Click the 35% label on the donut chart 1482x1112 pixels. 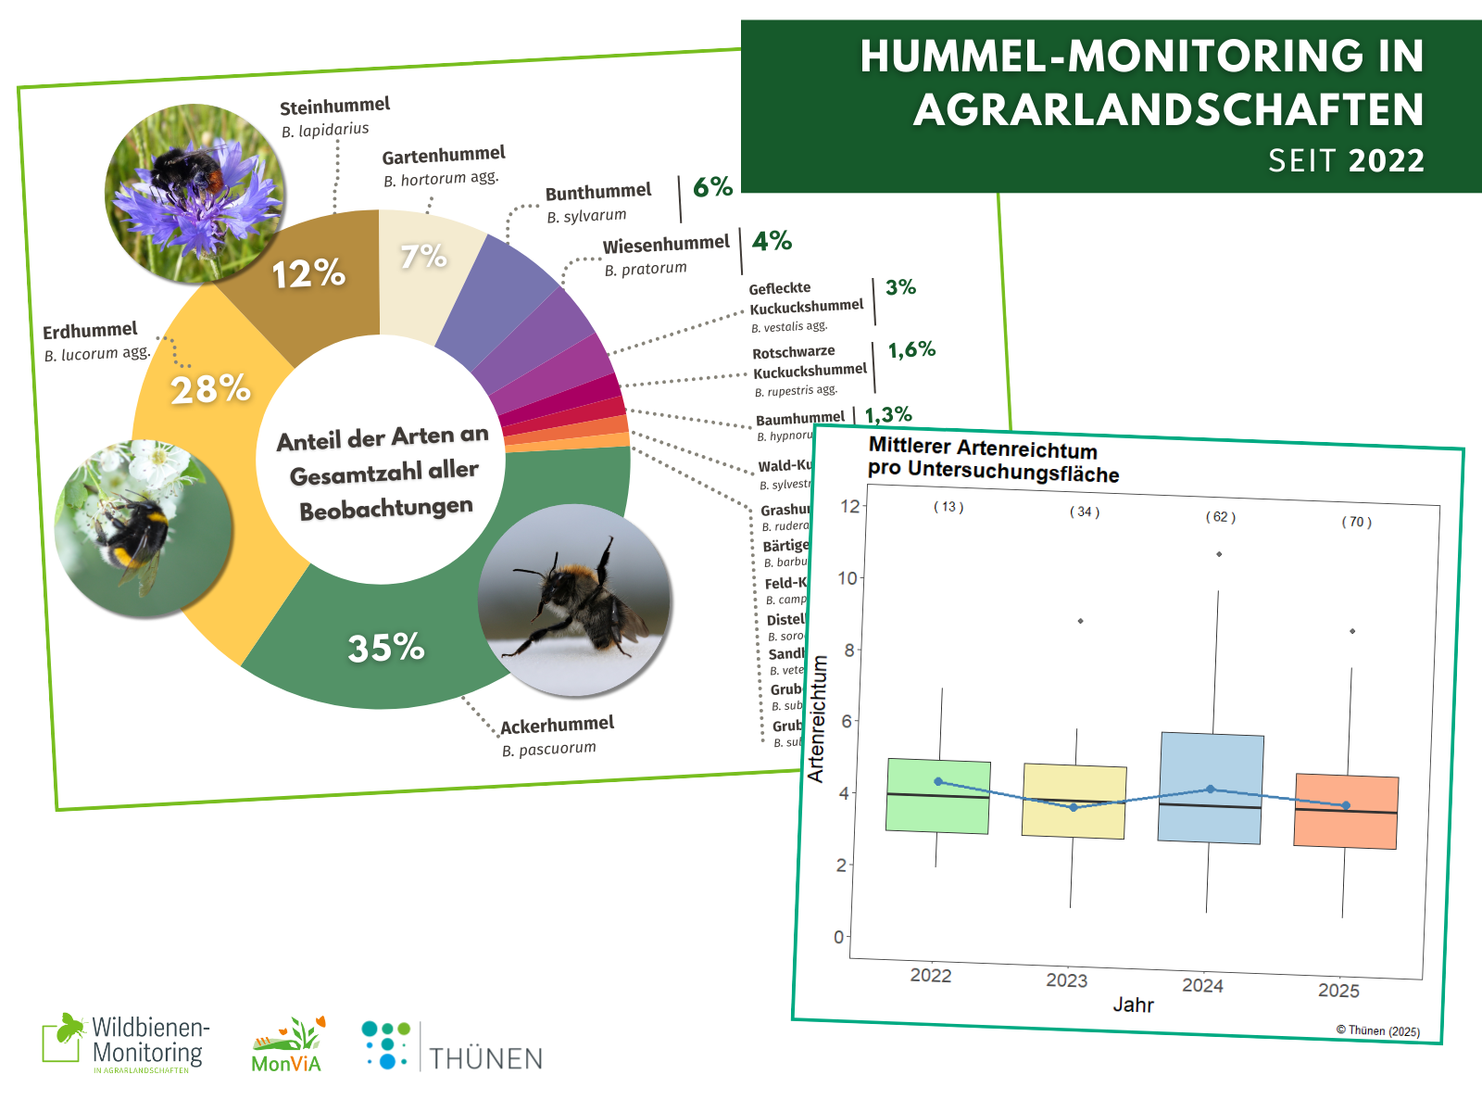pos(386,647)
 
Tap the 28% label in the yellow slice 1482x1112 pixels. pos(211,389)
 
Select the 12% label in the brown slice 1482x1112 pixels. pos(308,273)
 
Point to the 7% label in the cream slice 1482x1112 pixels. pos(423,256)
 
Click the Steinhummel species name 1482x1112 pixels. pos(334,106)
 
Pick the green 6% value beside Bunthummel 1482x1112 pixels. pos(712,187)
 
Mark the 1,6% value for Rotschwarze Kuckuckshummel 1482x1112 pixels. pos(911,350)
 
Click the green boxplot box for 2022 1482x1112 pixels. pos(937,796)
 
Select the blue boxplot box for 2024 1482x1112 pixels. pos(1211,788)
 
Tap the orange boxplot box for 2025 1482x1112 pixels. pos(1346,811)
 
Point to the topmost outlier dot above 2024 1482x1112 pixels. pos(1219,554)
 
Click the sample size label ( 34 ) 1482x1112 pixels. pos(1085,512)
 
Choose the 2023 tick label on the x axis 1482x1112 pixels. pos(1066,980)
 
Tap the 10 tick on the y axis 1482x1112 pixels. pos(847,578)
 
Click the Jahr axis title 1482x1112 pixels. pos(1133,1005)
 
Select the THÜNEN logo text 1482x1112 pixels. pos(485,1058)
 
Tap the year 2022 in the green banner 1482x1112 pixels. pos(1387,161)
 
